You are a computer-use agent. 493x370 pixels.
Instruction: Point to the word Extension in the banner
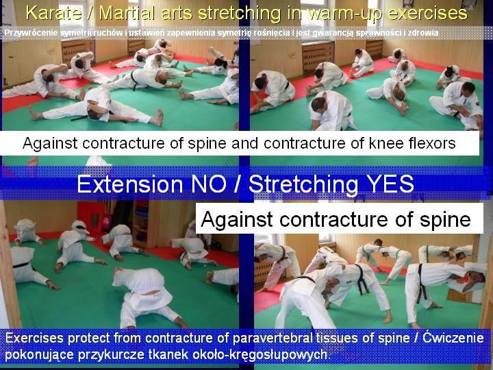(x=130, y=184)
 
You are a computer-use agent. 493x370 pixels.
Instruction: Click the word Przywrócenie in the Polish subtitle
(x=31, y=33)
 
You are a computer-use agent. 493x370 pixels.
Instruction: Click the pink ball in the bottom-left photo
(x=107, y=223)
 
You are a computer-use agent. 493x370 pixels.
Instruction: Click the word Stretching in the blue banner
(x=303, y=184)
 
